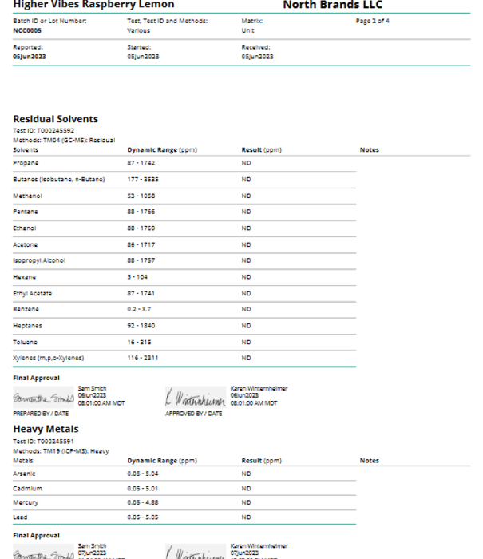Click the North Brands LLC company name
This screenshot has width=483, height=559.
coord(322,5)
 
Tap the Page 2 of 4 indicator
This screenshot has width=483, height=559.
coord(372,21)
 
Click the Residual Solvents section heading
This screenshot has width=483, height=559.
coord(55,119)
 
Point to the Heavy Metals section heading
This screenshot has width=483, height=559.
coord(46,429)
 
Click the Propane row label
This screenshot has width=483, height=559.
coord(26,163)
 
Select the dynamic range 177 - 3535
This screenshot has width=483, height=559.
coord(143,179)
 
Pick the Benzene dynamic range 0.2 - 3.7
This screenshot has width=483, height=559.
coord(139,309)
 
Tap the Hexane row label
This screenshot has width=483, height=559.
coord(24,276)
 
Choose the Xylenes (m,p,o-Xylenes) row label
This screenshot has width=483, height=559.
coord(48,358)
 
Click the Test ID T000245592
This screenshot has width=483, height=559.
coord(44,130)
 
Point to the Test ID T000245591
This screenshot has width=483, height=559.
coord(44,440)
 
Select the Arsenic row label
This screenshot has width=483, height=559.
coord(24,474)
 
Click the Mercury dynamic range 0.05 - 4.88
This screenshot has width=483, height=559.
coord(145,502)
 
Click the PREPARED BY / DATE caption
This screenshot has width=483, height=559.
coord(40,414)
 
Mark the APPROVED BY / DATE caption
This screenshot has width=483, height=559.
coord(194,414)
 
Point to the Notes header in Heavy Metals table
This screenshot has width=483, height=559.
coord(369,461)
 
